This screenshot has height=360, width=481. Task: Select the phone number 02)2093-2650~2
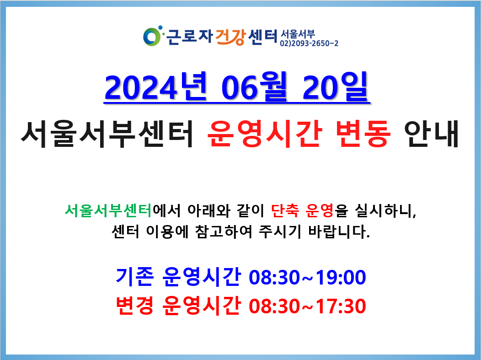click(x=309, y=43)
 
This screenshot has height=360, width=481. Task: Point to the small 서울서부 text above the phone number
click(x=298, y=34)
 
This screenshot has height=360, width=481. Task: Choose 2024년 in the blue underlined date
click(x=156, y=87)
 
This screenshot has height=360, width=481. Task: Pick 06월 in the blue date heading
click(x=254, y=87)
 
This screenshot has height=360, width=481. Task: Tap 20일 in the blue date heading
click(x=335, y=87)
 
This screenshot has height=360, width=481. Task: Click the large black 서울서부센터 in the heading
click(x=107, y=134)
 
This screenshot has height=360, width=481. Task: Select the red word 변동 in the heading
click(x=363, y=134)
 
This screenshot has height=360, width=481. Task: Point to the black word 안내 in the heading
click(x=431, y=134)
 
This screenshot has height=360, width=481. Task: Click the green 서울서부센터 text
click(x=108, y=210)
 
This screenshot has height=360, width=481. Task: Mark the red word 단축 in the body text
click(x=285, y=210)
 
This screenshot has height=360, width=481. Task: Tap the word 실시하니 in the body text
click(x=385, y=211)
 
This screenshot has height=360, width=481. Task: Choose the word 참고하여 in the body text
click(x=224, y=231)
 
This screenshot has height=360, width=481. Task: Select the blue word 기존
click(x=135, y=277)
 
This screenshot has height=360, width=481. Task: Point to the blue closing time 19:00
click(x=341, y=277)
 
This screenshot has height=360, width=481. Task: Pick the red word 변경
click(x=135, y=306)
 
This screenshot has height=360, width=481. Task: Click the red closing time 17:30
click(x=341, y=306)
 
